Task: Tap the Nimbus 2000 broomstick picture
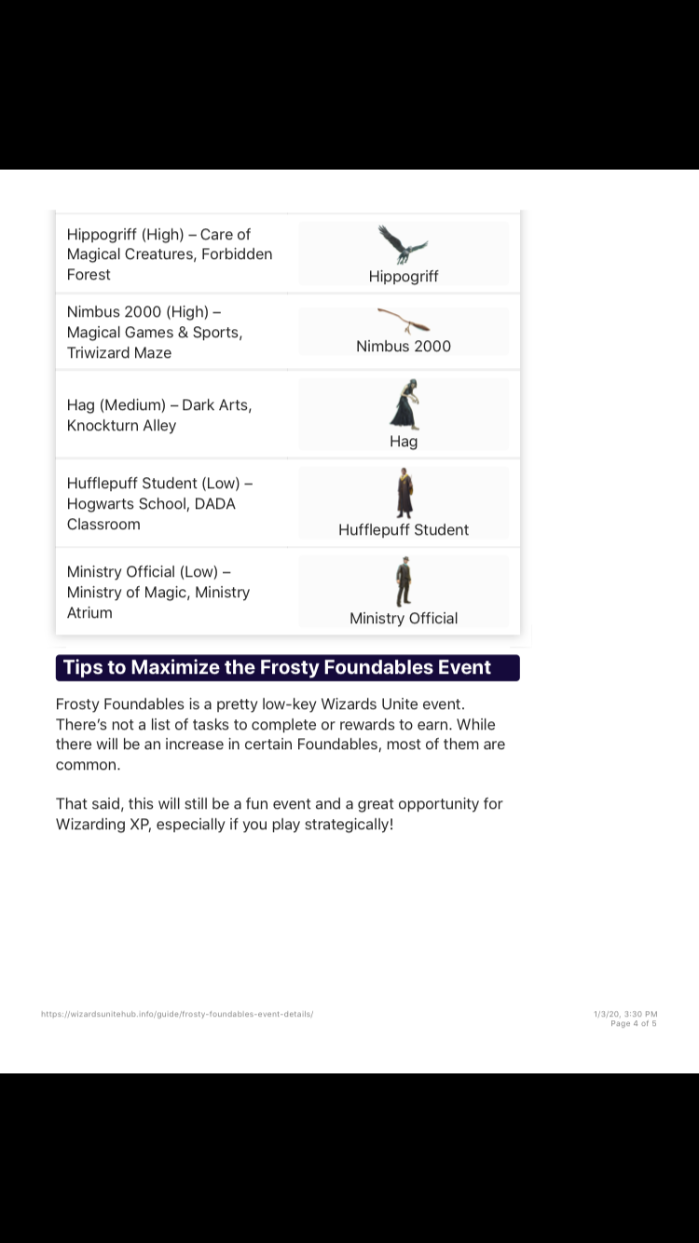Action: pyautogui.click(x=404, y=321)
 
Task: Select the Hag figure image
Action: pyautogui.click(x=404, y=404)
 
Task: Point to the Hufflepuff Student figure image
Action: pyautogui.click(x=404, y=493)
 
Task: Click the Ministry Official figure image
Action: pyautogui.click(x=403, y=581)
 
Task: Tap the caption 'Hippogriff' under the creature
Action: pyautogui.click(x=404, y=276)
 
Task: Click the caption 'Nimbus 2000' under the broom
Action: pyautogui.click(x=404, y=346)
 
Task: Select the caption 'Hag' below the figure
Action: pyautogui.click(x=404, y=441)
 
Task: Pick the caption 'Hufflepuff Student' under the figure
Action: pyautogui.click(x=404, y=529)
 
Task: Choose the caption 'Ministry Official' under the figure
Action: pyautogui.click(x=404, y=618)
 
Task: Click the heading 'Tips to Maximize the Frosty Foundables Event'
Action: pyautogui.click(x=278, y=667)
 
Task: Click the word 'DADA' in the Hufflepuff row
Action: pyautogui.click(x=214, y=504)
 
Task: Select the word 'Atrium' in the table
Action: pyautogui.click(x=89, y=613)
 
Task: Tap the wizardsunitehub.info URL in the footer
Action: pyautogui.click(x=177, y=1014)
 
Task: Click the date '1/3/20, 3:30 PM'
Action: pyautogui.click(x=625, y=1014)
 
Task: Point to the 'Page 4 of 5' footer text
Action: pyautogui.click(x=633, y=1023)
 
